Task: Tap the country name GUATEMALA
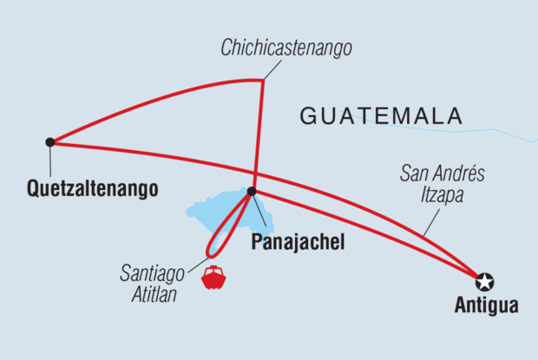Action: (x=381, y=116)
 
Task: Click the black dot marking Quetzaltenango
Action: (x=50, y=141)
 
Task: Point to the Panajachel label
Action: (x=296, y=242)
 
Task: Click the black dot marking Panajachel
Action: (x=252, y=191)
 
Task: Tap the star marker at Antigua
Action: (x=484, y=281)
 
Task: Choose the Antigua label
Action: (x=486, y=305)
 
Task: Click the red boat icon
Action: (x=213, y=278)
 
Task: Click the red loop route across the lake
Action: (x=227, y=227)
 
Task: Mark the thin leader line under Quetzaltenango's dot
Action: (x=50, y=160)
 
